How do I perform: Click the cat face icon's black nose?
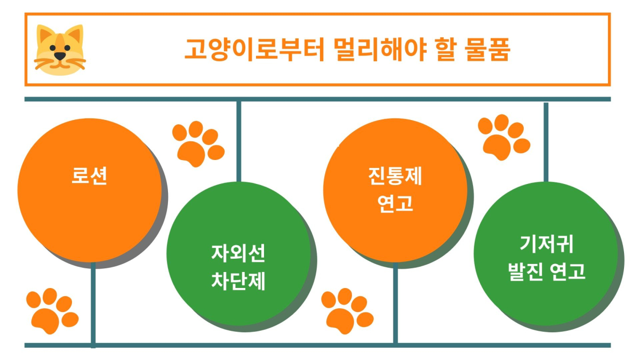[60, 55]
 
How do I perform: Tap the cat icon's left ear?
[44, 34]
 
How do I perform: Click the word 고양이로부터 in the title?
[254, 49]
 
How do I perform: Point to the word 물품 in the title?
[487, 49]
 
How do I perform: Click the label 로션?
[89, 175]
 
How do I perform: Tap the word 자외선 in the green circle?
[238, 253]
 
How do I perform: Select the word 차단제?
[238, 281]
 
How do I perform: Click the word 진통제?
[395, 176]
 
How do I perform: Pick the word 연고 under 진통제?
[395, 203]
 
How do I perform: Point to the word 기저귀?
[546, 244]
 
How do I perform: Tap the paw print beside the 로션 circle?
[198, 144]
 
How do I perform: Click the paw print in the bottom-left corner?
[52, 311]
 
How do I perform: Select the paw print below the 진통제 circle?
[347, 311]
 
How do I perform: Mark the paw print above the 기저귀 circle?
[504, 138]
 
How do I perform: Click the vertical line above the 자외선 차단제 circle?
[239, 142]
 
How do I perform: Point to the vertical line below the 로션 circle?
[93, 305]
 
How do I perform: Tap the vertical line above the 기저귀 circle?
[546, 142]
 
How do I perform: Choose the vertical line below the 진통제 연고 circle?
[395, 303]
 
